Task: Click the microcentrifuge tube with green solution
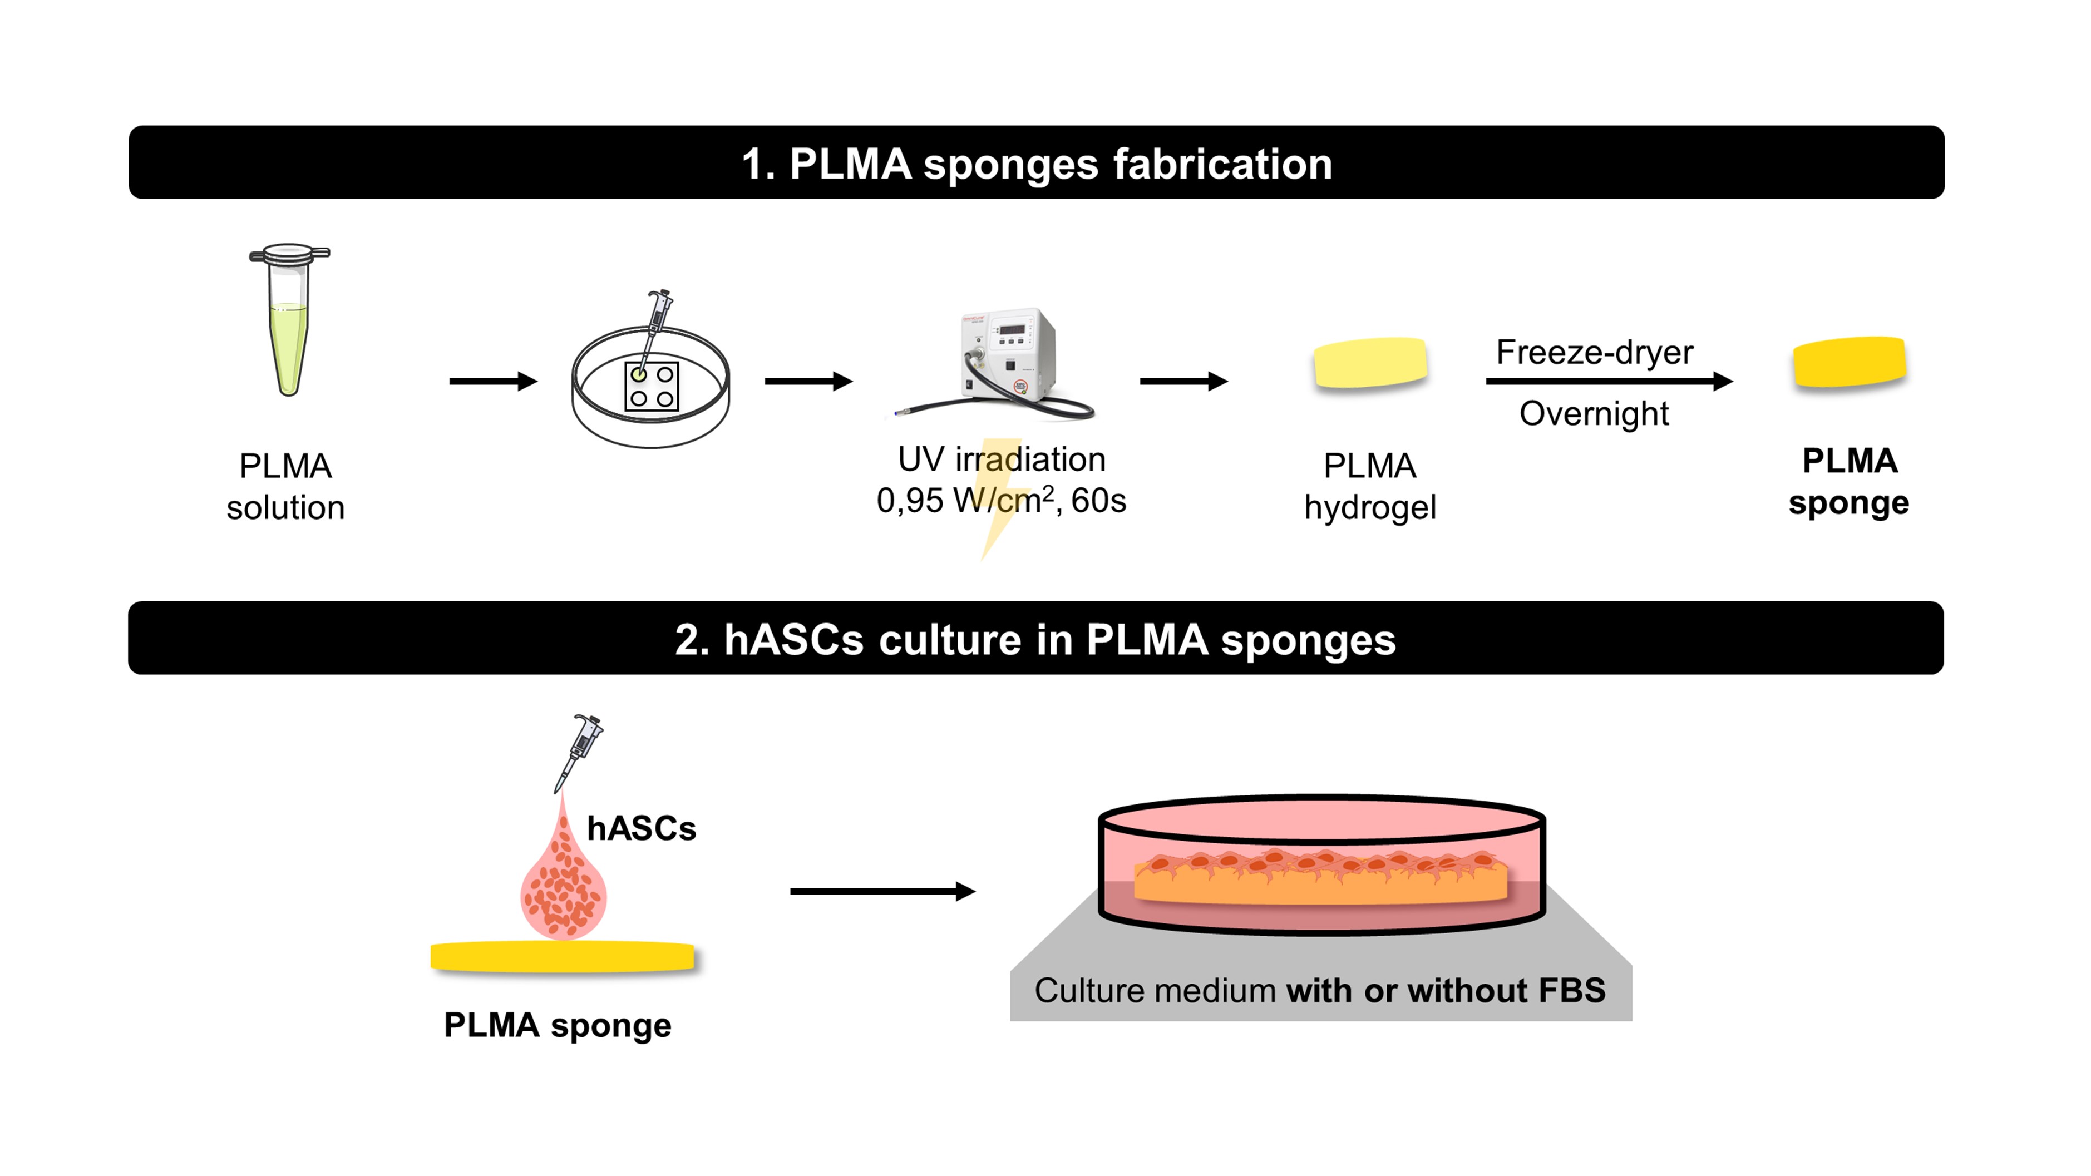click(289, 325)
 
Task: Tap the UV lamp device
click(1007, 357)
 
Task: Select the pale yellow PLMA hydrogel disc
click(1370, 363)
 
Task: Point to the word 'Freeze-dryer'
click(1594, 352)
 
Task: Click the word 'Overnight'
click(1594, 414)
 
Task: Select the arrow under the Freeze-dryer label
click(1608, 381)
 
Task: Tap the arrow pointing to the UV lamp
click(808, 381)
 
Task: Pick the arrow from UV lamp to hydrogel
click(1183, 381)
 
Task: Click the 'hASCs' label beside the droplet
click(641, 829)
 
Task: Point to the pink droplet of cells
click(563, 889)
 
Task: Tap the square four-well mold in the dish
click(652, 386)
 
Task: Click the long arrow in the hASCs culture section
click(881, 891)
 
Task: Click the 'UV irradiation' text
click(1001, 459)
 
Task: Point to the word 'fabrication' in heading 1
click(1222, 164)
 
